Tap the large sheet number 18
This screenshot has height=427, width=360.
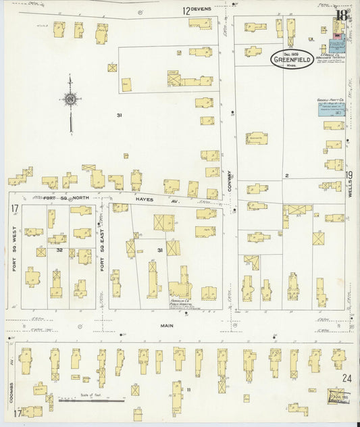343,16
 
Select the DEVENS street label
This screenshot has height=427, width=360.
201,9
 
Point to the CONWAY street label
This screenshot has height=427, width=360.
230,181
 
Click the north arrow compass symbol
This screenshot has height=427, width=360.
70,100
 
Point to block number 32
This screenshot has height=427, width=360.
59,249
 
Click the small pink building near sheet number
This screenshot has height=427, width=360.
336,32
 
